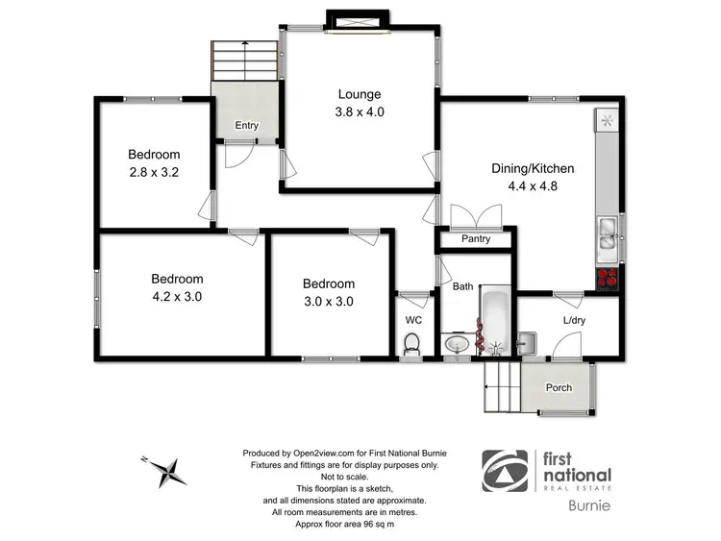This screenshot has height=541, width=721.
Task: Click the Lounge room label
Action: pos(359,94)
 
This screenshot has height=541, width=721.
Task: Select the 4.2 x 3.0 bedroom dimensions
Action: pos(177,296)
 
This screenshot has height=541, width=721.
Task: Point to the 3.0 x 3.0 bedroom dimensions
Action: pos(329,301)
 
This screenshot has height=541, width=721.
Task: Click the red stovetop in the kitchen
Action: pos(608,279)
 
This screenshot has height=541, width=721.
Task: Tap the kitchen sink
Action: pos(607,235)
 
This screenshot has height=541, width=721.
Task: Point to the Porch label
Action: pos(559,388)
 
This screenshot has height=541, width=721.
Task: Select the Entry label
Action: pos(246,125)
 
